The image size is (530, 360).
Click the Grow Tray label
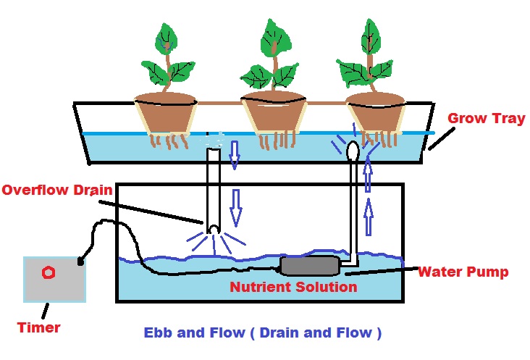point(486,118)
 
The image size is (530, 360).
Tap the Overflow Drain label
point(57,190)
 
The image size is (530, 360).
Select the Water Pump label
point(463,272)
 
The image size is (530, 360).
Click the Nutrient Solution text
point(293,287)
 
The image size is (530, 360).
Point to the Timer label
point(39,327)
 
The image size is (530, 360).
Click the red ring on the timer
point(48,273)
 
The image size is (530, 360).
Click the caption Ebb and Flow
point(262,334)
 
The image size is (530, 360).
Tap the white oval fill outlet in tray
point(353,151)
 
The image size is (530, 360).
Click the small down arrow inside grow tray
point(234,154)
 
